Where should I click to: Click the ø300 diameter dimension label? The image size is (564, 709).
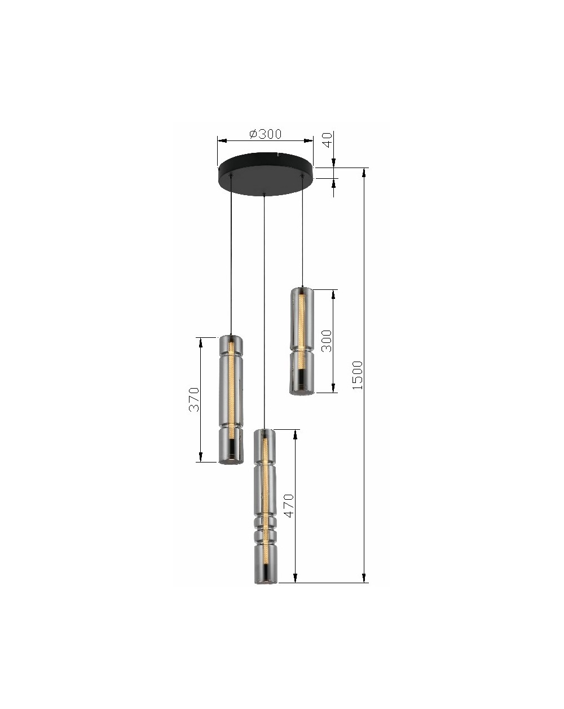pos(265,134)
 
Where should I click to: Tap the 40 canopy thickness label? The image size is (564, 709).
pos(328,140)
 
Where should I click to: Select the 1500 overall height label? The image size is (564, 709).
pos(357,375)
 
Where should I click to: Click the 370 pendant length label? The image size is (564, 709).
pos(194,400)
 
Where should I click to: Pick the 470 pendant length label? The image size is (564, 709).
pos(289,506)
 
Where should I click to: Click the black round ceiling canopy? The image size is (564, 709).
pos(265,174)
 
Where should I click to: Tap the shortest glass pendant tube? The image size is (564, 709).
pos(302,341)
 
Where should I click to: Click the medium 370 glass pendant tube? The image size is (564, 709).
pos(231,400)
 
